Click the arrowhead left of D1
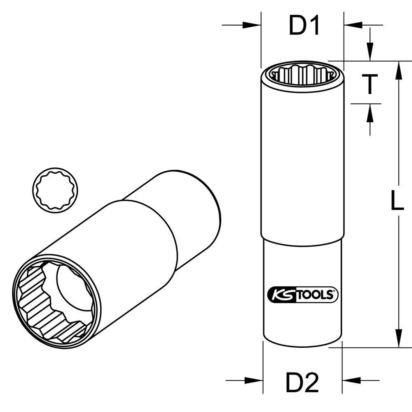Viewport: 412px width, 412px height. (254, 26)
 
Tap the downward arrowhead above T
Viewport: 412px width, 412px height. (370, 54)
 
